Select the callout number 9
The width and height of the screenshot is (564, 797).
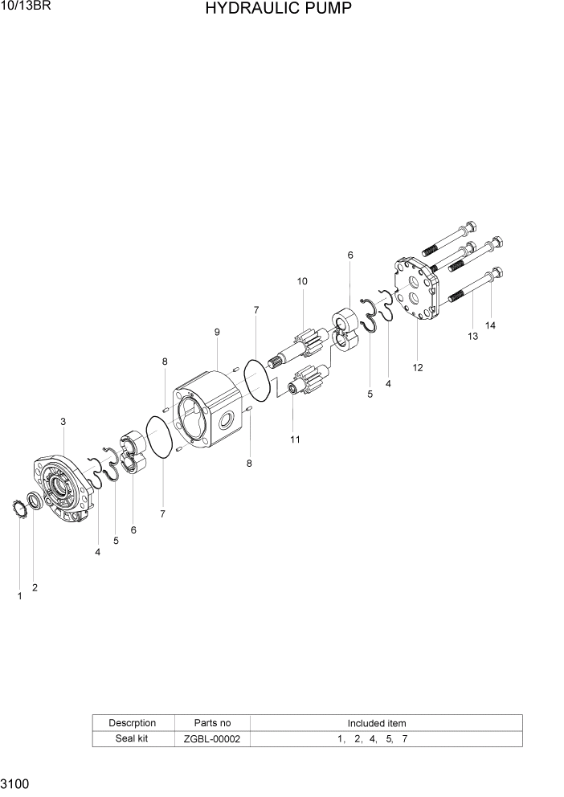coord(217,332)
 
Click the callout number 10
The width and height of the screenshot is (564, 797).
coord(302,281)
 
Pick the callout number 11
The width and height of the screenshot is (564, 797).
coord(295,439)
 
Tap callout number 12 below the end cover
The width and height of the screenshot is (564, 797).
coord(418,368)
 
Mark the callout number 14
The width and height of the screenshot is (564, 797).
coord(490,325)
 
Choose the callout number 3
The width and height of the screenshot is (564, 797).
coord(63,421)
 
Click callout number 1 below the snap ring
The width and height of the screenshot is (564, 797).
coord(19,596)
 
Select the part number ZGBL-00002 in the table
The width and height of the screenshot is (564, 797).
coord(212,738)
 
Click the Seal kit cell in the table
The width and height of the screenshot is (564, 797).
coord(132,738)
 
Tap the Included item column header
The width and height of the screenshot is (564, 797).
coord(376,723)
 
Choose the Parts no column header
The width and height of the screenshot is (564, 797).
coord(212,723)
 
